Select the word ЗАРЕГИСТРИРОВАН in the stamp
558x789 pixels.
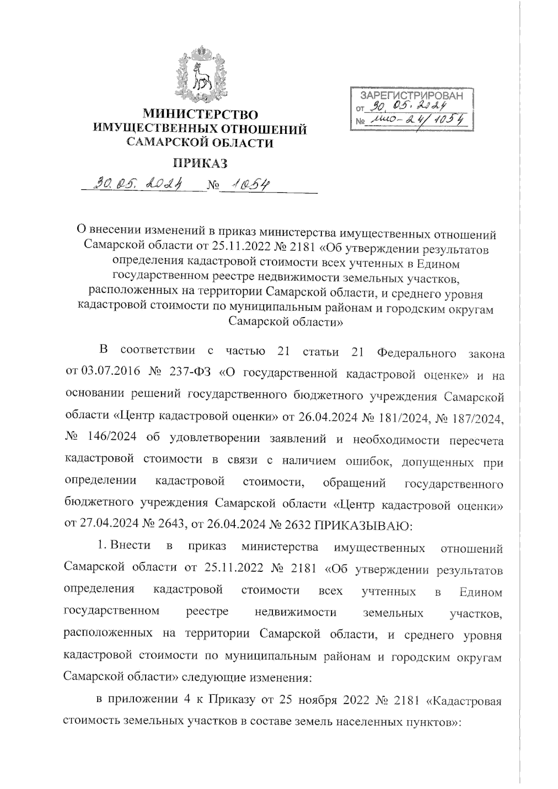click(x=412, y=96)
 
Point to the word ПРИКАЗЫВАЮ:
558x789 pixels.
click(x=364, y=526)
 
